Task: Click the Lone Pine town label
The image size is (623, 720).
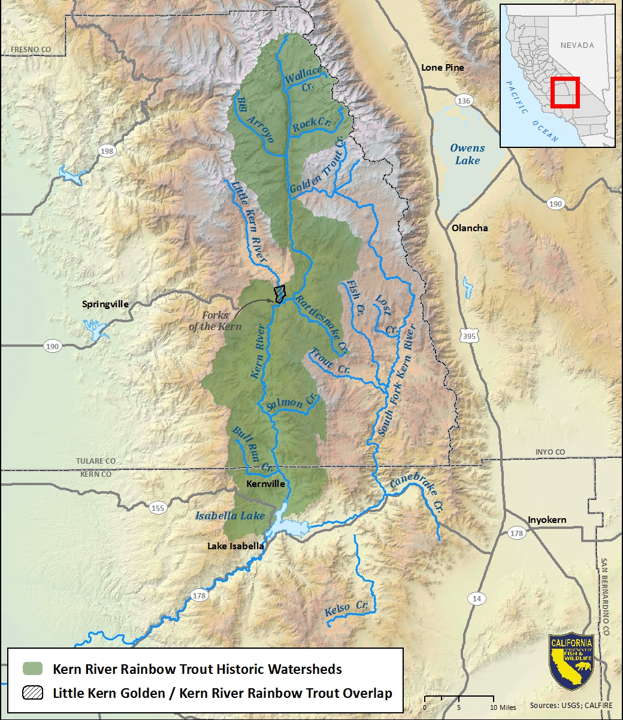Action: (442, 68)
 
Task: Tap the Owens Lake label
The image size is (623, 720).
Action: (467, 154)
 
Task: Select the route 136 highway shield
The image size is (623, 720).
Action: (463, 101)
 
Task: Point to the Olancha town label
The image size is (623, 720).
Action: (470, 228)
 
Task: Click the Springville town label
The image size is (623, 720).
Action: (105, 304)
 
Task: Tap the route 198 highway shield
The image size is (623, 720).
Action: (107, 151)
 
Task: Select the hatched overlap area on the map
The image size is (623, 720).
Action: (279, 294)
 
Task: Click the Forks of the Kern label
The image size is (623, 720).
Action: (215, 320)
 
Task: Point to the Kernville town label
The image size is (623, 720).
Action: (265, 483)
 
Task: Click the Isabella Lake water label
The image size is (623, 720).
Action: (230, 516)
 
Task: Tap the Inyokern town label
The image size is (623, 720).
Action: (546, 520)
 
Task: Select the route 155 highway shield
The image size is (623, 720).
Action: (157, 509)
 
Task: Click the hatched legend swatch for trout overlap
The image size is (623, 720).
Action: (33, 693)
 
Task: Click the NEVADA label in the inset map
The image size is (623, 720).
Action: (577, 46)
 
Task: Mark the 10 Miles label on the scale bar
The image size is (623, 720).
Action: (501, 707)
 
